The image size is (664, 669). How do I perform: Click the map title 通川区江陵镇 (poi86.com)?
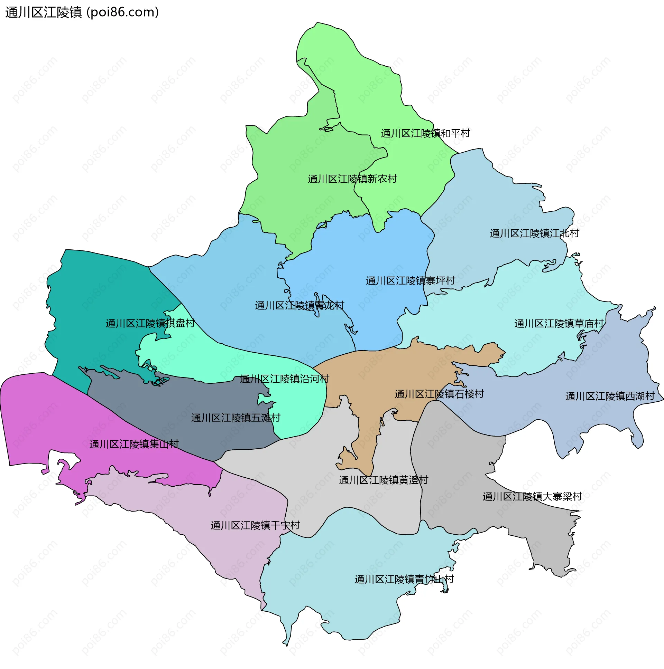(82, 12)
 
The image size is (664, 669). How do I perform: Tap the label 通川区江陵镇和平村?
(425, 133)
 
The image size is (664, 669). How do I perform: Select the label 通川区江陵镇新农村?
(352, 179)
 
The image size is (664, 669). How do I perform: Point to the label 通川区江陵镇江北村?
(534, 233)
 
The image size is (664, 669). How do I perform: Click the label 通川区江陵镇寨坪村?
(410, 280)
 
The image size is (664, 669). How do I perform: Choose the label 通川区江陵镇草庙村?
(559, 324)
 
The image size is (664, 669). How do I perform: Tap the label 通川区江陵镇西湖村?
(610, 396)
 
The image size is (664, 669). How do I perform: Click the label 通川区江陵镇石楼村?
(439, 394)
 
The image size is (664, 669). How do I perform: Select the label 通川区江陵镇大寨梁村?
(532, 497)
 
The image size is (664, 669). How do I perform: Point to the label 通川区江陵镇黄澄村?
(384, 480)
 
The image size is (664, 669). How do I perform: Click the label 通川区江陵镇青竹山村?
(404, 579)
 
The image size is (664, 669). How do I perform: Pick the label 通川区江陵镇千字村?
(255, 525)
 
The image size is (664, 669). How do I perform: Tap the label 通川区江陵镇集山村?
(134, 444)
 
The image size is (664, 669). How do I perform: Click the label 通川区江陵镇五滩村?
(236, 418)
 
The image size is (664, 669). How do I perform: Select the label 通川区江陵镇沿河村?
(284, 379)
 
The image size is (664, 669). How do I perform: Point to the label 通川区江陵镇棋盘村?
(150, 323)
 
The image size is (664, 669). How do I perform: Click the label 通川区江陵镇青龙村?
(299, 305)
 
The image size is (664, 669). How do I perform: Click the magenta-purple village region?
(41, 422)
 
